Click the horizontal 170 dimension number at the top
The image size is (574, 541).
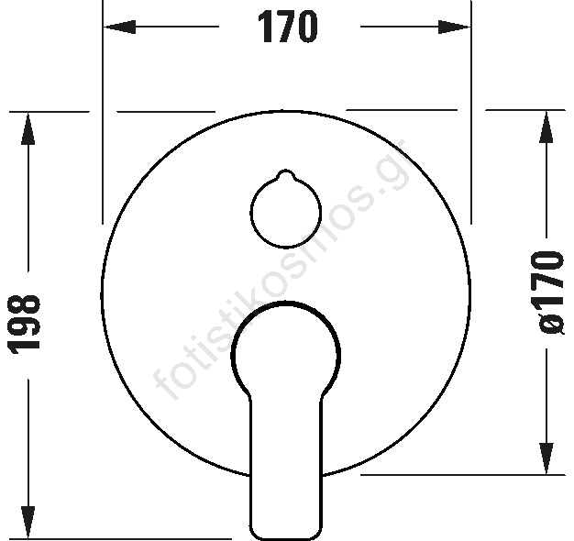[287, 27]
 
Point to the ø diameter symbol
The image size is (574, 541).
[549, 326]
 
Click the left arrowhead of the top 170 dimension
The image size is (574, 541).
[120, 27]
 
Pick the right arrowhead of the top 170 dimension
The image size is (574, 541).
[454, 27]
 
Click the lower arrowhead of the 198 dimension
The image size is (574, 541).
[28, 523]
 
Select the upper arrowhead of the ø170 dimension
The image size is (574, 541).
[546, 127]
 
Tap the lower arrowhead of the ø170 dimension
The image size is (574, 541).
[546, 458]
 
